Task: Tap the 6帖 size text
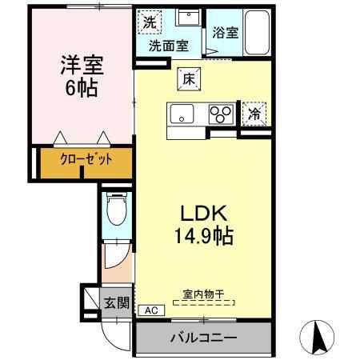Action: pyautogui.click(x=82, y=87)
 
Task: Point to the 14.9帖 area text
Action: pyautogui.click(x=205, y=236)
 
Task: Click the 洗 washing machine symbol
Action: pyautogui.click(x=150, y=22)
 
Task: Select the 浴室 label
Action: pyautogui.click(x=226, y=34)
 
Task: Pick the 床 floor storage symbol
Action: pyautogui.click(x=189, y=79)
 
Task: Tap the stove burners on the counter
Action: pyautogui.click(x=219, y=114)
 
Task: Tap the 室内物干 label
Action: pyautogui.click(x=204, y=294)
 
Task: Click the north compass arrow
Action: pyautogui.click(x=318, y=336)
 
